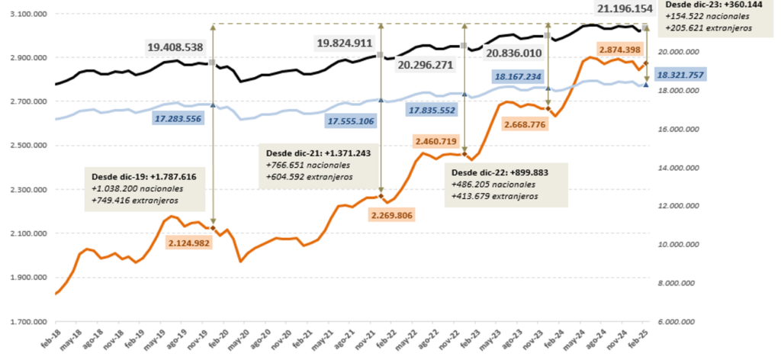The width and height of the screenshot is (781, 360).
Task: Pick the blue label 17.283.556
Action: point(182,119)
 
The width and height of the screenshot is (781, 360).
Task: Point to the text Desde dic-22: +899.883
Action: point(496,172)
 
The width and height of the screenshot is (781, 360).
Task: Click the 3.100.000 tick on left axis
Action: point(24,14)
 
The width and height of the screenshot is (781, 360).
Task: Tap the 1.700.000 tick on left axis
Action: point(24,322)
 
